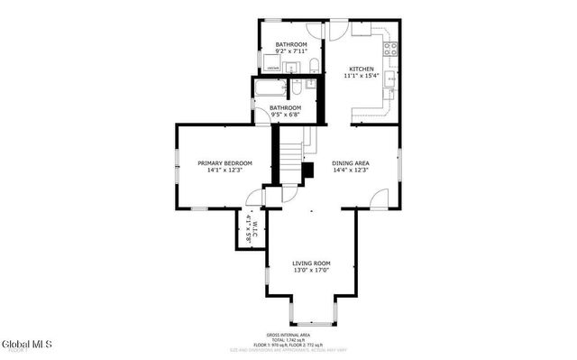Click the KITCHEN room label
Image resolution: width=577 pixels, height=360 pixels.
[x=362, y=69]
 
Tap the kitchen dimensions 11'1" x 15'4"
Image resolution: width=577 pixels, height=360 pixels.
[x=362, y=77]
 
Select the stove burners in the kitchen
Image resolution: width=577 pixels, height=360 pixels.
[x=391, y=50]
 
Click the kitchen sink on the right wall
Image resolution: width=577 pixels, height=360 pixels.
[x=390, y=84]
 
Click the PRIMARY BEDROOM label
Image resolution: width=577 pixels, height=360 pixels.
[x=224, y=162]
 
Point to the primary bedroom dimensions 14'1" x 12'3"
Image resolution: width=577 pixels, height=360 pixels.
[x=224, y=170]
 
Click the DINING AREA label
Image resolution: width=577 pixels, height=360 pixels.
[x=351, y=162]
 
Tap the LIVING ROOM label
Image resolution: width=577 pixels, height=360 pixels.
[x=311, y=263]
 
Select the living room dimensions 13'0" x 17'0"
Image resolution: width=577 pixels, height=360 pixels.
[x=311, y=270]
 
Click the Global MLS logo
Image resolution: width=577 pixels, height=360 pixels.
[x=27, y=345]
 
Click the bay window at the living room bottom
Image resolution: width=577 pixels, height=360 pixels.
[x=311, y=320]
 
